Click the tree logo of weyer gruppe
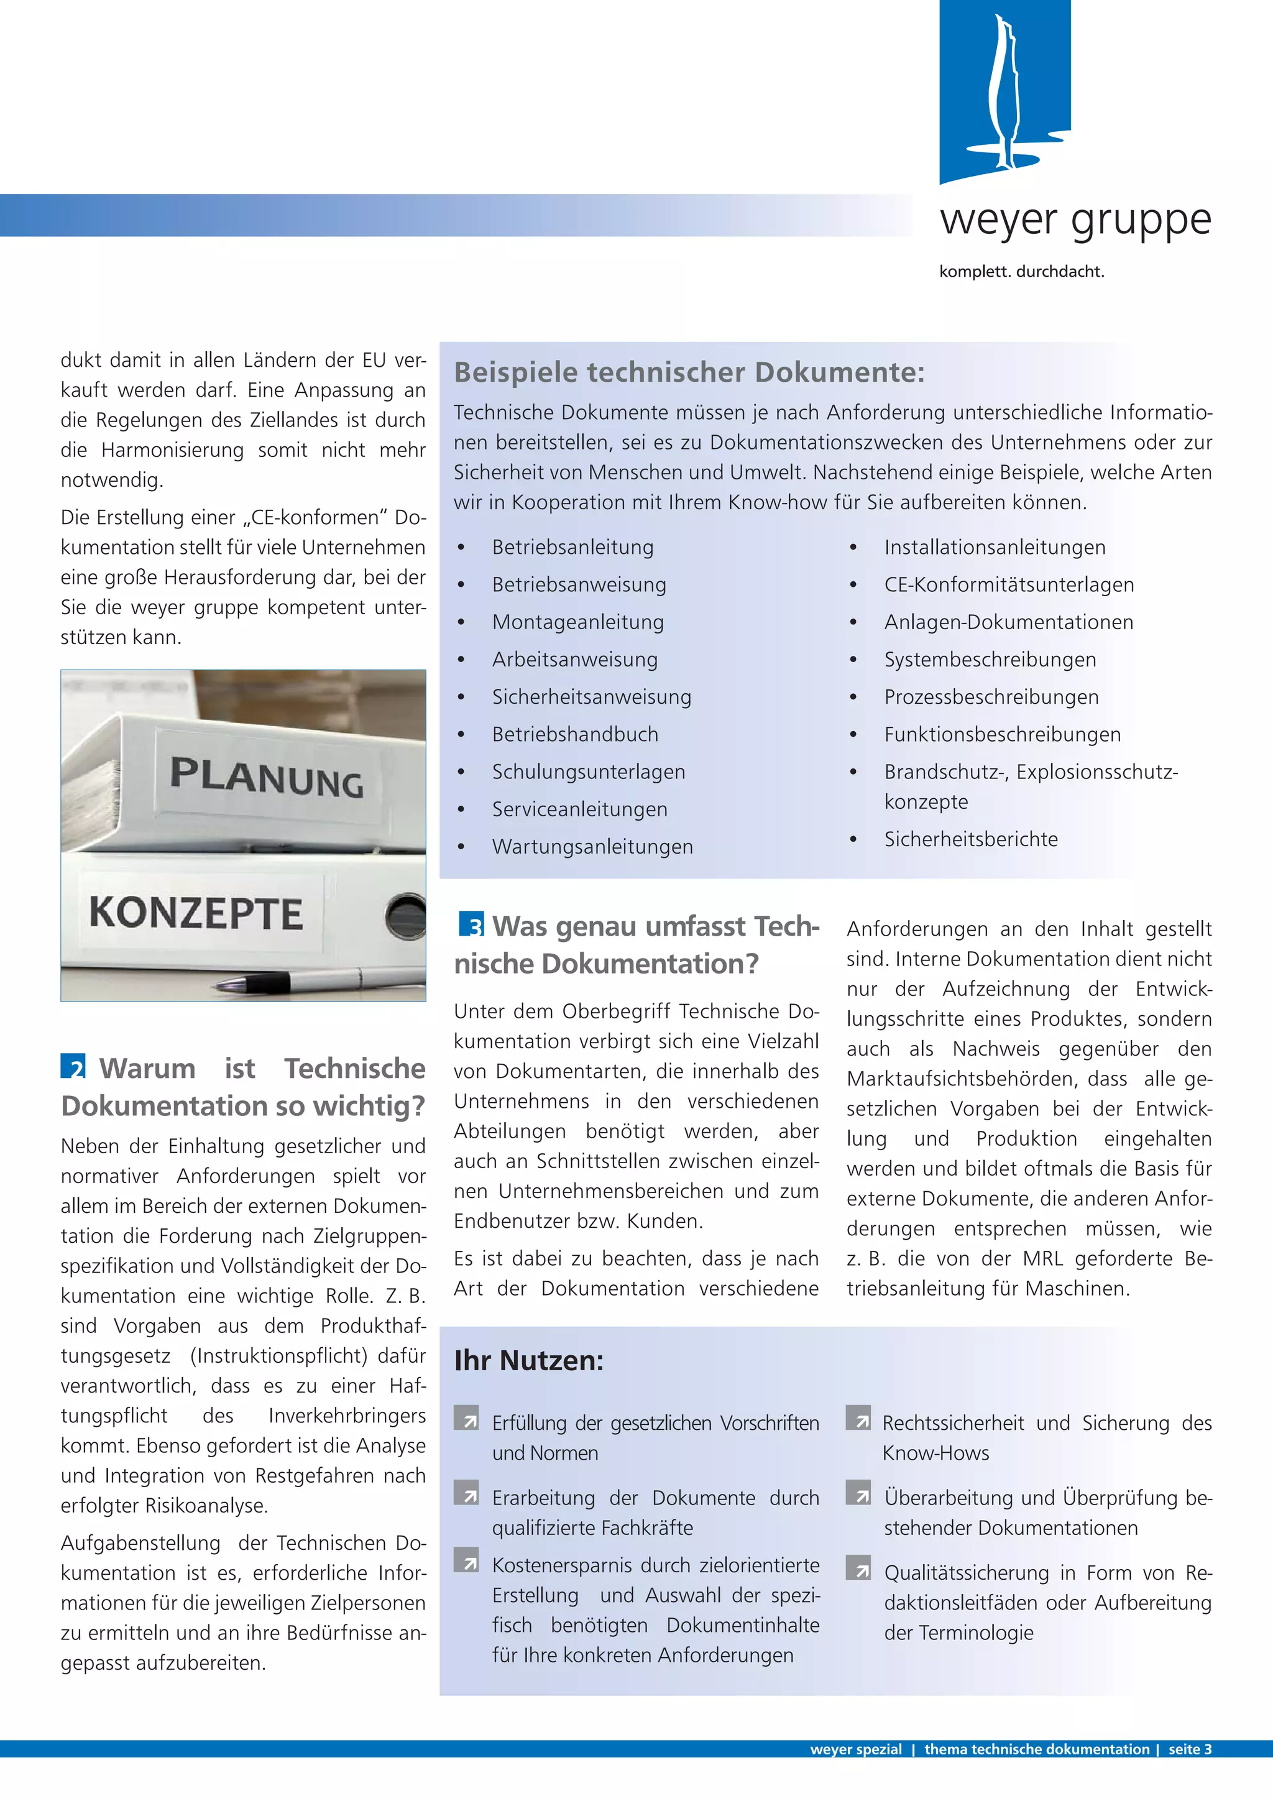pyautogui.click(x=1004, y=93)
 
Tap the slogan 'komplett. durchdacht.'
pyautogui.click(x=1021, y=272)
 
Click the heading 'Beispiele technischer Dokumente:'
pyautogui.click(x=689, y=372)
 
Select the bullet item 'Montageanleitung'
pyautogui.click(x=577, y=622)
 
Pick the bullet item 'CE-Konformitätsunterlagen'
pyautogui.click(x=1009, y=584)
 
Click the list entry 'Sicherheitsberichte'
pyautogui.click(x=970, y=839)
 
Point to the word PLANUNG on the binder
pyautogui.click(x=267, y=777)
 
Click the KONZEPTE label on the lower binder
pyautogui.click(x=196, y=914)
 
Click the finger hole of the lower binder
pyautogui.click(x=407, y=916)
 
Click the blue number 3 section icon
pyautogui.click(x=471, y=924)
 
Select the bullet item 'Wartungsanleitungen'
pyautogui.click(x=592, y=847)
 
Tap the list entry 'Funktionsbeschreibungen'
pyautogui.click(x=1001, y=735)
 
